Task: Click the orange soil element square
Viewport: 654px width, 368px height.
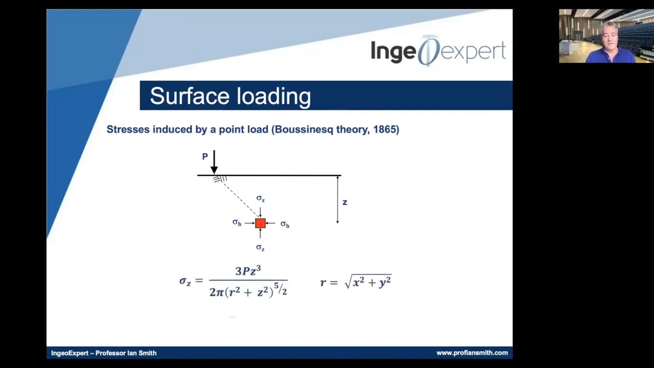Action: (x=260, y=223)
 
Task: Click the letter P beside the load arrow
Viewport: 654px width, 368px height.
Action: (x=205, y=157)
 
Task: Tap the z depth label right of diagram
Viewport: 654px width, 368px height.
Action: (x=345, y=202)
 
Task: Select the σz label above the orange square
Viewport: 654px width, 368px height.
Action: (x=261, y=198)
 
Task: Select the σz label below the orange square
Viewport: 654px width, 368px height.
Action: (x=260, y=247)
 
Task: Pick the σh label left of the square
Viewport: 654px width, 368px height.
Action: (x=237, y=222)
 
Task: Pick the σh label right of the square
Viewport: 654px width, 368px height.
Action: (x=285, y=224)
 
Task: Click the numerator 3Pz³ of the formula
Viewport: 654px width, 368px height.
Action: (x=248, y=271)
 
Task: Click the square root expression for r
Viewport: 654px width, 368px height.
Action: (x=368, y=282)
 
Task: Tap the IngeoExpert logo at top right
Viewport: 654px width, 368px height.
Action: (x=438, y=51)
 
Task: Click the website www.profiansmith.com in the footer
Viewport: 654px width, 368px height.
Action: (x=472, y=353)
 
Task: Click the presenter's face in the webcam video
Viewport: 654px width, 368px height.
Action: (x=610, y=36)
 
